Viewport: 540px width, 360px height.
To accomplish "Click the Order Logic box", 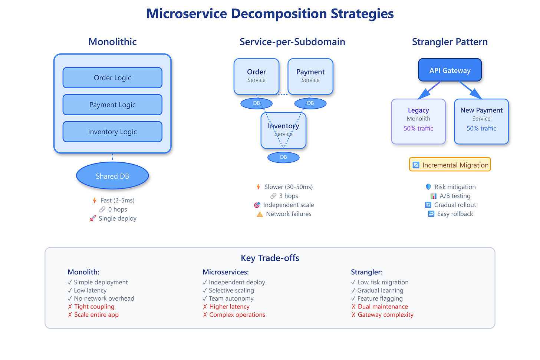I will tap(112, 78).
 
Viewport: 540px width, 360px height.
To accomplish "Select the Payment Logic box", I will tap(112, 105).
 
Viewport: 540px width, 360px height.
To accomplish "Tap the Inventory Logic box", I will tap(112, 132).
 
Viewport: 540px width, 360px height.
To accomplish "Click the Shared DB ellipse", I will tap(112, 176).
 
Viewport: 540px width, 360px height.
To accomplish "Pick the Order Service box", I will tap(256, 76).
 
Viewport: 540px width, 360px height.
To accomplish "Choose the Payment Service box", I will tap(310, 76).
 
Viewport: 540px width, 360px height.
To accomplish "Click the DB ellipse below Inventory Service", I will tap(283, 157).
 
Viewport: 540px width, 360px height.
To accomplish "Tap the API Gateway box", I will tap(450, 70).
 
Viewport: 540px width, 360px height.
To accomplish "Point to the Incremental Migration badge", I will tap(450, 165).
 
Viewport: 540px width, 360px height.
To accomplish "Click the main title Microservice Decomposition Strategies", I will tap(270, 14).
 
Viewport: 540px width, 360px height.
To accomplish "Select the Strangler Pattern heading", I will tap(450, 42).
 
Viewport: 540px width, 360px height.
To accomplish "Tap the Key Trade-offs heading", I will tap(270, 258).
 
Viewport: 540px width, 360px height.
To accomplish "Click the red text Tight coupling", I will tap(94, 307).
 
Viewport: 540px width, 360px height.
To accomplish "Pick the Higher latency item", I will tap(229, 307).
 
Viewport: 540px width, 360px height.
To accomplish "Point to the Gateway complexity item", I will tap(385, 315).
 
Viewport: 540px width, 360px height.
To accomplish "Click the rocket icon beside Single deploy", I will tap(92, 219).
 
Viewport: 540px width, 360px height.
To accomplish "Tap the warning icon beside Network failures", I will tap(260, 214).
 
